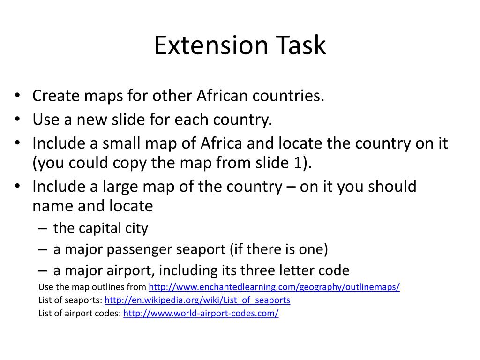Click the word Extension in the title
[211, 45]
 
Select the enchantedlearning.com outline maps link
[274, 287]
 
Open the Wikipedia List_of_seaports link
[197, 300]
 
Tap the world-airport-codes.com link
[201, 313]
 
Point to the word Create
[55, 96]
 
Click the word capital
[101, 228]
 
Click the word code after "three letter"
[334, 270]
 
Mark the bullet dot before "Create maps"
[17, 96]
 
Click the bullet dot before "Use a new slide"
[17, 120]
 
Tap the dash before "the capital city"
[43, 229]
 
